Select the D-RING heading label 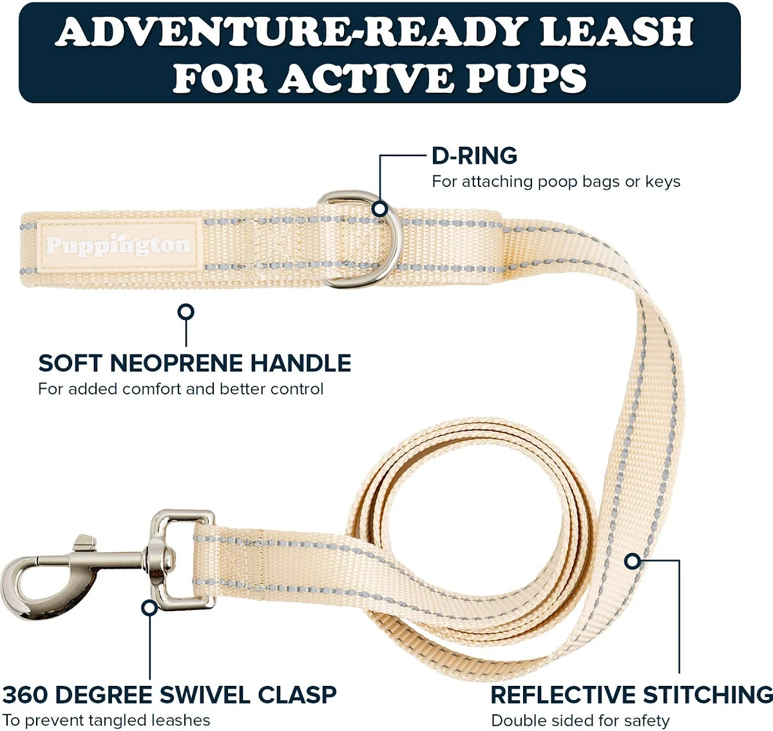(475, 156)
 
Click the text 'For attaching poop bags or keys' (556, 182)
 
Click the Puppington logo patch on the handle (119, 246)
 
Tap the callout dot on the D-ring (380, 209)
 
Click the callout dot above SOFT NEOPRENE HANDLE (186, 312)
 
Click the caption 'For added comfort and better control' (180, 389)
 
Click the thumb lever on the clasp (84, 542)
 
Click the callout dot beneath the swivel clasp (149, 608)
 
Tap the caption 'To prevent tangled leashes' (106, 721)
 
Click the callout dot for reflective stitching (633, 561)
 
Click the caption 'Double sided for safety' (580, 721)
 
